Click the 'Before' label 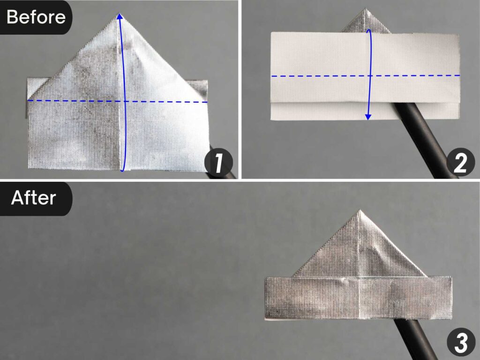coord(36,17)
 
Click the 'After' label coord(34,198)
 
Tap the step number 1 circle coord(219,164)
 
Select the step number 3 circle coord(460,344)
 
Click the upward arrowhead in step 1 coord(120,17)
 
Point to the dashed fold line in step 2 coord(319,76)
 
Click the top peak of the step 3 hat coord(359,212)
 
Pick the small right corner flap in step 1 coord(201,87)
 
